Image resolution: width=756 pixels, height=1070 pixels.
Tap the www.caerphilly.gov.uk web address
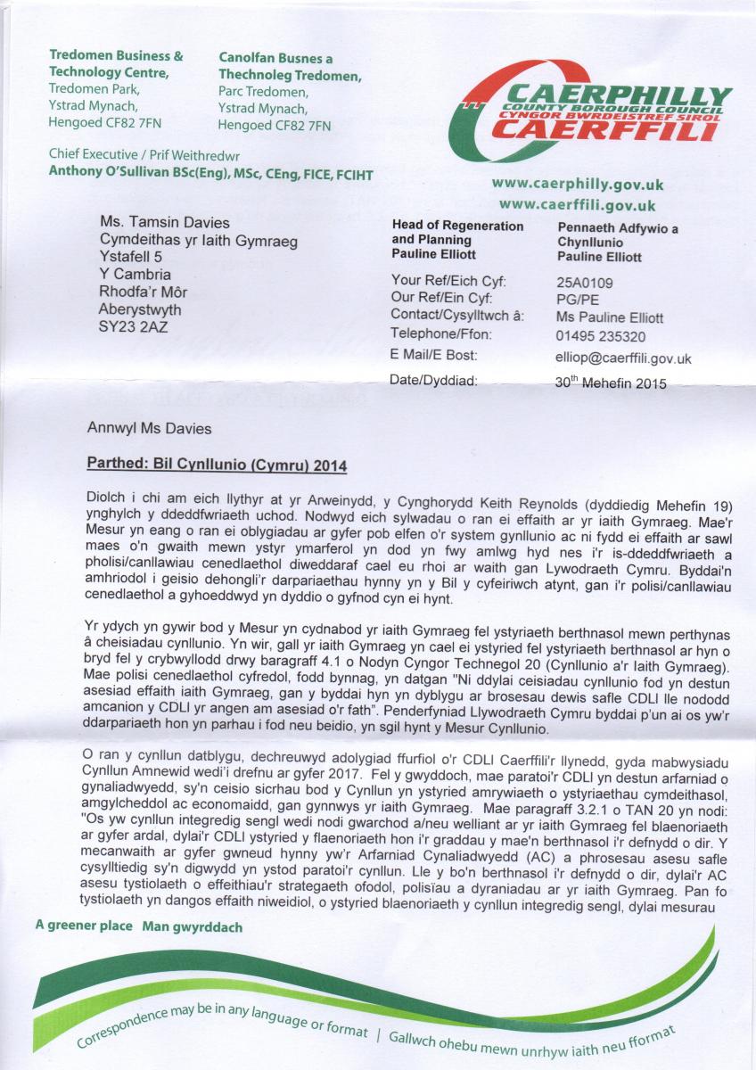tap(578, 185)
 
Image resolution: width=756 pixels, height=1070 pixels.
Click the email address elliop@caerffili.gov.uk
tap(622, 358)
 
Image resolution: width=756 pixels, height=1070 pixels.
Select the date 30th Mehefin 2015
tap(610, 383)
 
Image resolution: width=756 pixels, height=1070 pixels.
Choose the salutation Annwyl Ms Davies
tap(150, 429)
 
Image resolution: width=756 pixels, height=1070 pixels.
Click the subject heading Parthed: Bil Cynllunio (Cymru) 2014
tap(217, 465)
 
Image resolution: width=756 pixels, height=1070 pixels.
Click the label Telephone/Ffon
tap(440, 335)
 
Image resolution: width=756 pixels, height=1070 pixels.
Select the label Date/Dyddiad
tap(435, 381)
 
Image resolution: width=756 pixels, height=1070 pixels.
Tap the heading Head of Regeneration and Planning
tap(457, 233)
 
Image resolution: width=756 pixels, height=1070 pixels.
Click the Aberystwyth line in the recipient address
tap(140, 309)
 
